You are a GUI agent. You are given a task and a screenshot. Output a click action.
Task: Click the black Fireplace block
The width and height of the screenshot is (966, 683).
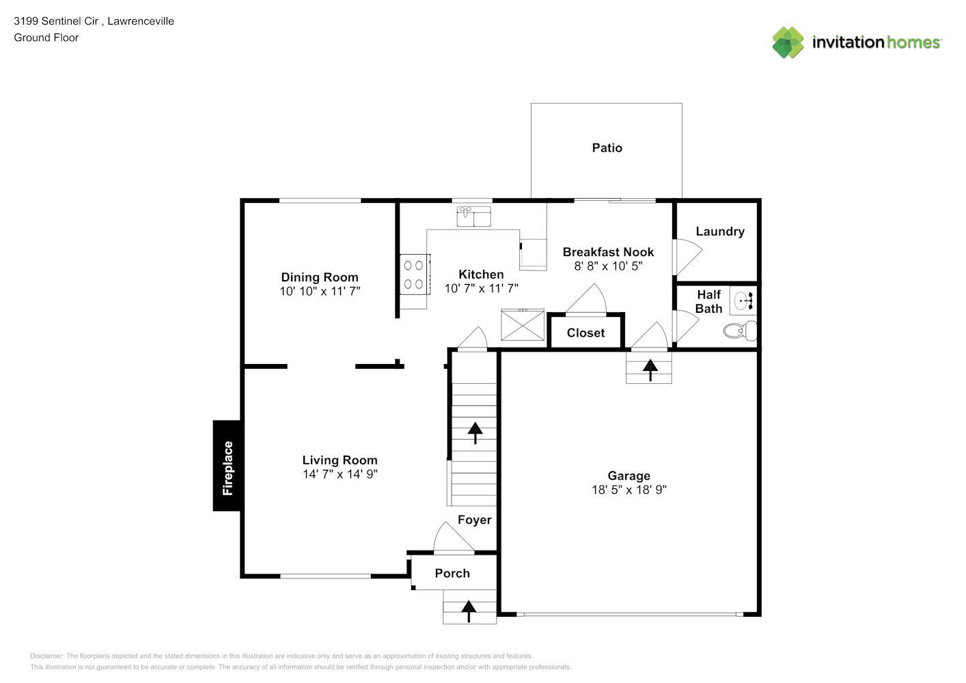(227, 466)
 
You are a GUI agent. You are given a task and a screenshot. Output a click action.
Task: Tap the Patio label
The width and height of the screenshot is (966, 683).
(607, 148)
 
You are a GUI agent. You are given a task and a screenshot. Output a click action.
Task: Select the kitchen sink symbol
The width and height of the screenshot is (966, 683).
(473, 217)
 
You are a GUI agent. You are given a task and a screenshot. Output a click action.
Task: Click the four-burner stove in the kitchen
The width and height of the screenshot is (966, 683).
(415, 275)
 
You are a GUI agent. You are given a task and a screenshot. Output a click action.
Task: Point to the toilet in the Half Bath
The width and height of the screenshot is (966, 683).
(740, 331)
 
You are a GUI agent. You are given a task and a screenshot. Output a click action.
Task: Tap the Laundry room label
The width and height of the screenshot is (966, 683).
(720, 232)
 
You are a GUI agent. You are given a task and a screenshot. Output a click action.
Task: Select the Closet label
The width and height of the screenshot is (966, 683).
(585, 333)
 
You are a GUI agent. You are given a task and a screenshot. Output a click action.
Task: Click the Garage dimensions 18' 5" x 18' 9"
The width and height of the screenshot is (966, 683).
(629, 490)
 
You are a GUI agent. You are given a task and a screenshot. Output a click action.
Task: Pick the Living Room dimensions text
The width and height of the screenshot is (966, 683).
(340, 474)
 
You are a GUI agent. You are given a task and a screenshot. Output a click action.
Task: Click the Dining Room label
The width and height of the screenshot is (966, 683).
(320, 277)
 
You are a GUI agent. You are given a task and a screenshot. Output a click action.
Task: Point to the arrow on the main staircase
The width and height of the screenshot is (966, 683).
(475, 433)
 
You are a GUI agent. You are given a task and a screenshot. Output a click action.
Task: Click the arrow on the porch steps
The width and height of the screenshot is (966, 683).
(469, 612)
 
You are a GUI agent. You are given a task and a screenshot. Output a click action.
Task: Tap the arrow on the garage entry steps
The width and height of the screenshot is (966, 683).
(650, 370)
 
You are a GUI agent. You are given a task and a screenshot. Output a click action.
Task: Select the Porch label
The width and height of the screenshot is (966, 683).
(452, 574)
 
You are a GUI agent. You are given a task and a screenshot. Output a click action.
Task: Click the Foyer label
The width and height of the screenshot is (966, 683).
(474, 520)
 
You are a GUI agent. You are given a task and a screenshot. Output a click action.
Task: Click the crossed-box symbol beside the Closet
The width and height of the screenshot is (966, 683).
(523, 324)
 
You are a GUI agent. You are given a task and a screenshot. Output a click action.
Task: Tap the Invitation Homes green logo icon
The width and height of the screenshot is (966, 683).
(788, 42)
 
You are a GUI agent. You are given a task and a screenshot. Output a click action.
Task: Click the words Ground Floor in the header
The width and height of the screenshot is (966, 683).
(46, 38)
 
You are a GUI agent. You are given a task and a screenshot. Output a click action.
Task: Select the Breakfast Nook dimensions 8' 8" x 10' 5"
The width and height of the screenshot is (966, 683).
(608, 266)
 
